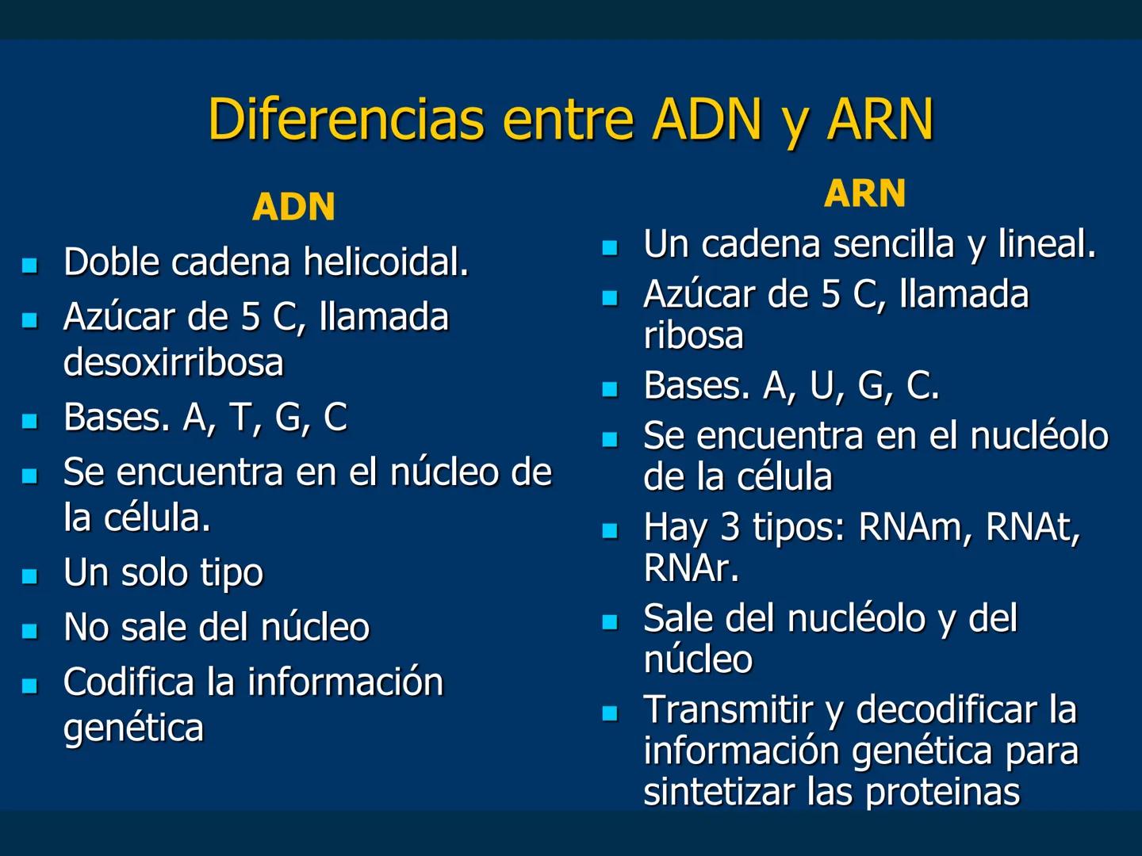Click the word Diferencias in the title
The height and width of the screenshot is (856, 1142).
pyautogui.click(x=345, y=119)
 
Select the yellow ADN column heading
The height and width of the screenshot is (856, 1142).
pyautogui.click(x=293, y=207)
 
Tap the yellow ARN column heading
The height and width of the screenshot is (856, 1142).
pyautogui.click(x=864, y=193)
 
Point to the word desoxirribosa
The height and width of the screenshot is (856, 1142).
pyautogui.click(x=173, y=362)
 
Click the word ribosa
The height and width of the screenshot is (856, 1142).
pyautogui.click(x=693, y=335)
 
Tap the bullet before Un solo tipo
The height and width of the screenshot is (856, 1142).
pyautogui.click(x=30, y=575)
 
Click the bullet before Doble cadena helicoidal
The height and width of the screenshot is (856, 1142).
pyautogui.click(x=30, y=265)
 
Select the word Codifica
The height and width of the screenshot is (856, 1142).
pyautogui.click(x=128, y=682)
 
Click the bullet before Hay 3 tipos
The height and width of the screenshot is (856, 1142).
pyautogui.click(x=609, y=530)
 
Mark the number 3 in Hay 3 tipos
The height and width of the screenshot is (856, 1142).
pyautogui.click(x=730, y=527)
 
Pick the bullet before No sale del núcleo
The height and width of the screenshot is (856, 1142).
pyautogui.click(x=30, y=631)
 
